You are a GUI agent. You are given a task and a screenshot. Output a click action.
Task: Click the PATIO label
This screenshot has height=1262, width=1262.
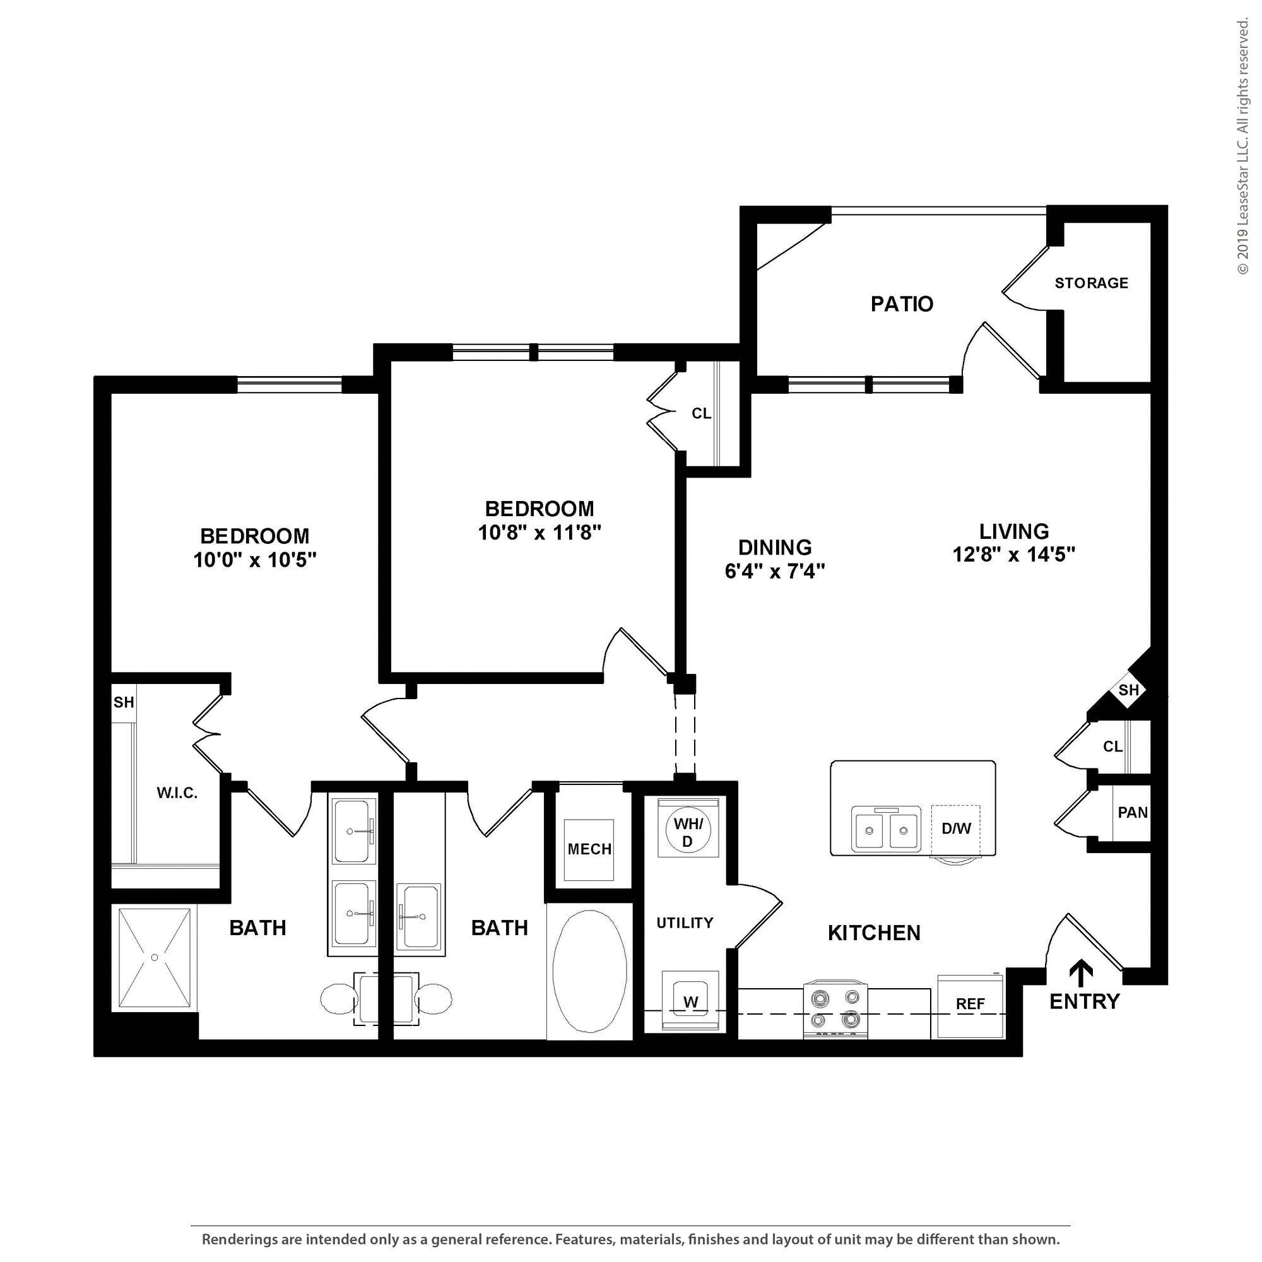(902, 304)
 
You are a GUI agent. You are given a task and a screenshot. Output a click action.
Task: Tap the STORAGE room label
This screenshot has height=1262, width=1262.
(1092, 283)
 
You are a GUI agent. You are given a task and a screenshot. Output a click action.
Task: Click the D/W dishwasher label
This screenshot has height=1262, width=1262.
(957, 829)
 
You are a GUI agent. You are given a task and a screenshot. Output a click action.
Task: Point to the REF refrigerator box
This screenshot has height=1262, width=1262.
(970, 1006)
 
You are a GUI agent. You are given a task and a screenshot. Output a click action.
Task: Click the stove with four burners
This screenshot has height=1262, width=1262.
(835, 1008)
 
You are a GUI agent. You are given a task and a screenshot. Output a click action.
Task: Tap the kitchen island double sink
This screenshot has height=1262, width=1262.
(886, 829)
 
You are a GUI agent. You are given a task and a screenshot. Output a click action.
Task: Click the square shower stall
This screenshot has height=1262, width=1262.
(154, 958)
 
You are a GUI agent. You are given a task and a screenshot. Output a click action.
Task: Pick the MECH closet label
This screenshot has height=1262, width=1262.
(590, 849)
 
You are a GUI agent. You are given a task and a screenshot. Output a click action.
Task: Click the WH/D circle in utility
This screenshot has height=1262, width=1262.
(687, 831)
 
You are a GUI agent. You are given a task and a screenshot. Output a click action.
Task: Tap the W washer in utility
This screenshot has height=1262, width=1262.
(690, 1001)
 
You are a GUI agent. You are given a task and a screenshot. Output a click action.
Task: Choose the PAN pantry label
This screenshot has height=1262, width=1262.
(1133, 812)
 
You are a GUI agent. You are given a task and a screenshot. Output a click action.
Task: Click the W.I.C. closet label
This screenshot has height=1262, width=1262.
(177, 793)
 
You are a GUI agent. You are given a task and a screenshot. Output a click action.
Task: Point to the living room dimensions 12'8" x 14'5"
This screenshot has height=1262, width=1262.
(1014, 555)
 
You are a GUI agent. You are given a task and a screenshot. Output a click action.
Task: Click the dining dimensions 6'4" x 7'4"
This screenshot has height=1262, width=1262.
(775, 571)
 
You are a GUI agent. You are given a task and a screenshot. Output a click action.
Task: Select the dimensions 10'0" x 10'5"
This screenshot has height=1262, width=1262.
(255, 560)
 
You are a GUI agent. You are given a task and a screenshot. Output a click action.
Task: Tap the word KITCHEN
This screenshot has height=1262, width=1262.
(874, 933)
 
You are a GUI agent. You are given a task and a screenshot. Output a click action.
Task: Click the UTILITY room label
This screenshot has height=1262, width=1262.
(685, 923)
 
